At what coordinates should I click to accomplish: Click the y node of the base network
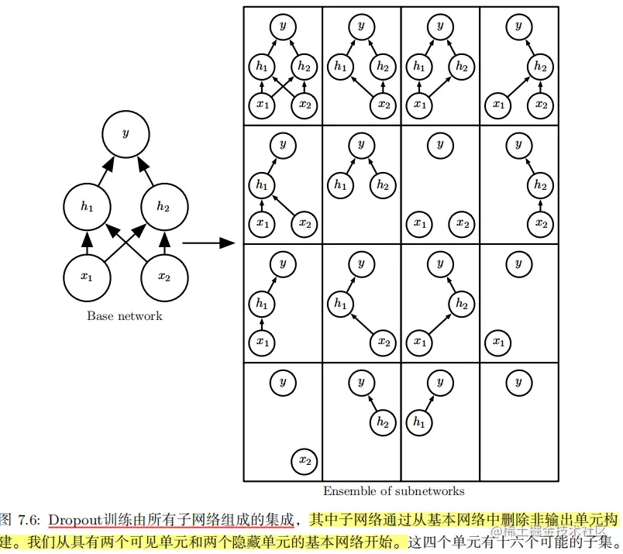click(126, 133)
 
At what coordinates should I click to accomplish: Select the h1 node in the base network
click(87, 205)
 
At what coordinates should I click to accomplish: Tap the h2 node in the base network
click(163, 205)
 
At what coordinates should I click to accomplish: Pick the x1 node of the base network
click(87, 276)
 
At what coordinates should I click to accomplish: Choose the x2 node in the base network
click(163, 276)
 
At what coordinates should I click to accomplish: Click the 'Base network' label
click(125, 315)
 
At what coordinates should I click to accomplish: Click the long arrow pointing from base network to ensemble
click(208, 243)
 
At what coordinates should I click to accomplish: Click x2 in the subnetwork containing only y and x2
click(305, 462)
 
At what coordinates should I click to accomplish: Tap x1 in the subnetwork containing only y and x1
click(498, 341)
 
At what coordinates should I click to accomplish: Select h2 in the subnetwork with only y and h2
click(382, 422)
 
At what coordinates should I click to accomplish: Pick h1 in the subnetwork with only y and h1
click(418, 422)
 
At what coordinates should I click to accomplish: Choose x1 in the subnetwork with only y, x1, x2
click(419, 223)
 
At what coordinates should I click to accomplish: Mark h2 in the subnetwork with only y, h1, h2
click(382, 184)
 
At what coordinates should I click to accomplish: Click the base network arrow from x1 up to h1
click(87, 242)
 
